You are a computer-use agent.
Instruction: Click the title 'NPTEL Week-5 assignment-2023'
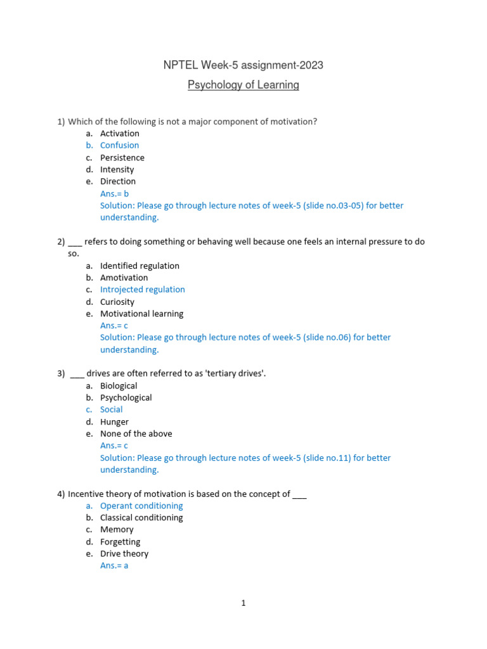(x=243, y=65)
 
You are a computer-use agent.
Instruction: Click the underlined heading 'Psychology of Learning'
(x=243, y=85)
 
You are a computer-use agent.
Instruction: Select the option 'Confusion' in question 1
(x=119, y=145)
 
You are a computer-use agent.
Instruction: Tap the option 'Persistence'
(x=122, y=157)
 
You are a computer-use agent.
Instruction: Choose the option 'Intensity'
(x=117, y=169)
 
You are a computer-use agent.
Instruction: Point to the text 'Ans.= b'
(x=114, y=193)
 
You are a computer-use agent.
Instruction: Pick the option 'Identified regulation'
(x=140, y=266)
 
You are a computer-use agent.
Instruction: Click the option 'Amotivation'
(x=124, y=278)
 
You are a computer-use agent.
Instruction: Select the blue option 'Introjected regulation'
(x=142, y=290)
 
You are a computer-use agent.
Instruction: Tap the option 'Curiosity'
(x=117, y=302)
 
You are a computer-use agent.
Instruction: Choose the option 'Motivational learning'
(x=141, y=314)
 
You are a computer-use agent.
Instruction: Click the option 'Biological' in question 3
(x=119, y=385)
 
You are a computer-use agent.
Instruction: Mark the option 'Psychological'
(x=126, y=397)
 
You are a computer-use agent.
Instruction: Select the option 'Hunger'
(x=114, y=421)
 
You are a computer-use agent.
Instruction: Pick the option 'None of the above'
(x=136, y=434)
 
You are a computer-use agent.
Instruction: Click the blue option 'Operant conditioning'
(x=141, y=506)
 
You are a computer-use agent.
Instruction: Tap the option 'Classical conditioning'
(x=141, y=518)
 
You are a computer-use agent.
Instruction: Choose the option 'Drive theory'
(x=124, y=553)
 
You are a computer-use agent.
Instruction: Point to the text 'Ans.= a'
(x=114, y=565)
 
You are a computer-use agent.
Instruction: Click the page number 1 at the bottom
(x=243, y=603)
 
